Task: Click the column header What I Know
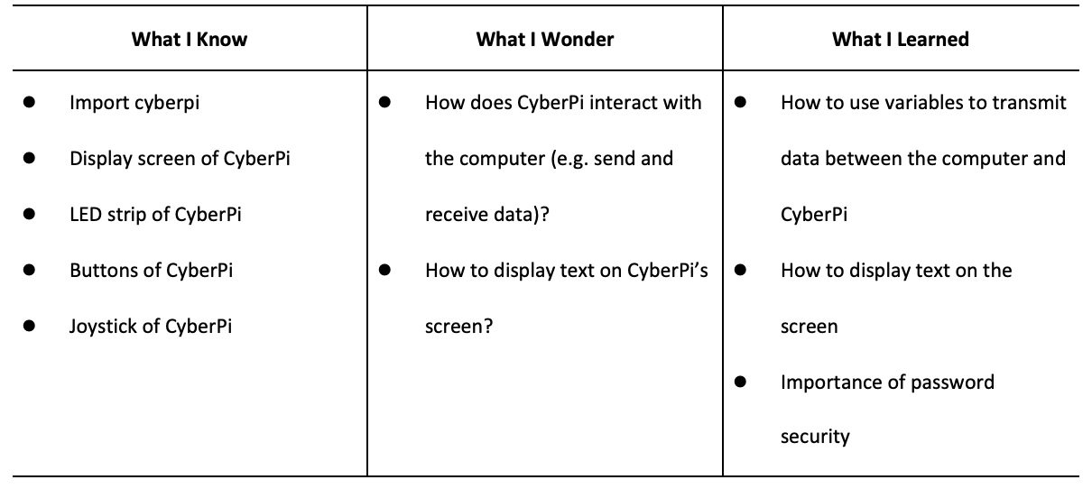pos(190,40)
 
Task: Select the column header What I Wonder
pos(545,40)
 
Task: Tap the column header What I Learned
pos(901,40)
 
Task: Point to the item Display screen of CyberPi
pos(180,160)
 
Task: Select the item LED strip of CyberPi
pos(155,215)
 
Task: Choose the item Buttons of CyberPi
pos(151,271)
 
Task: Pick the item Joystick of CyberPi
pos(151,327)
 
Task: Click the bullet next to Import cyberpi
pos(29,102)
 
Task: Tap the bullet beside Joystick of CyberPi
pos(29,325)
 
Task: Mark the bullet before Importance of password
pos(740,382)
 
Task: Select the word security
pos(815,437)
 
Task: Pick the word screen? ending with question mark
pos(458,328)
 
